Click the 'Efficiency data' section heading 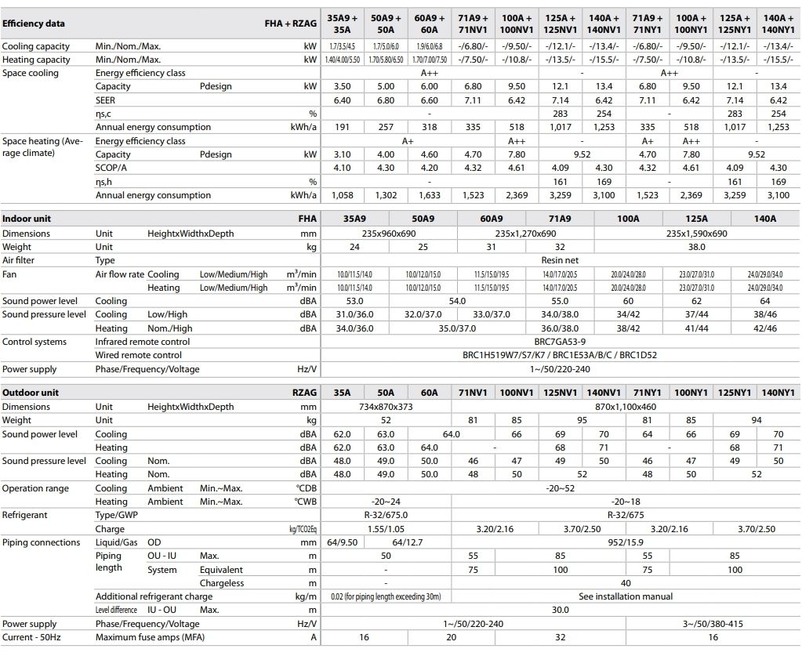[34, 24]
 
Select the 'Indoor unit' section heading [27, 219]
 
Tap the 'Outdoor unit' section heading [31, 393]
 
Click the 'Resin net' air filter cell [560, 260]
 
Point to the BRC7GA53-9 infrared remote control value [560, 342]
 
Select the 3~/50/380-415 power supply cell [713, 624]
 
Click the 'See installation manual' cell [626, 596]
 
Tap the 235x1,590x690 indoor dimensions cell [696, 234]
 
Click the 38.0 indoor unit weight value [696, 247]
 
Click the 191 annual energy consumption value [342, 127]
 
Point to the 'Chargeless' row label [222, 583]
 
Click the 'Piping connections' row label [42, 542]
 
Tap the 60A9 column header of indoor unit [491, 219]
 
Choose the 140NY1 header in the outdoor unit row [778, 393]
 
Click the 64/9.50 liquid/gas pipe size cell [342, 542]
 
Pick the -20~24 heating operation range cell [386, 502]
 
